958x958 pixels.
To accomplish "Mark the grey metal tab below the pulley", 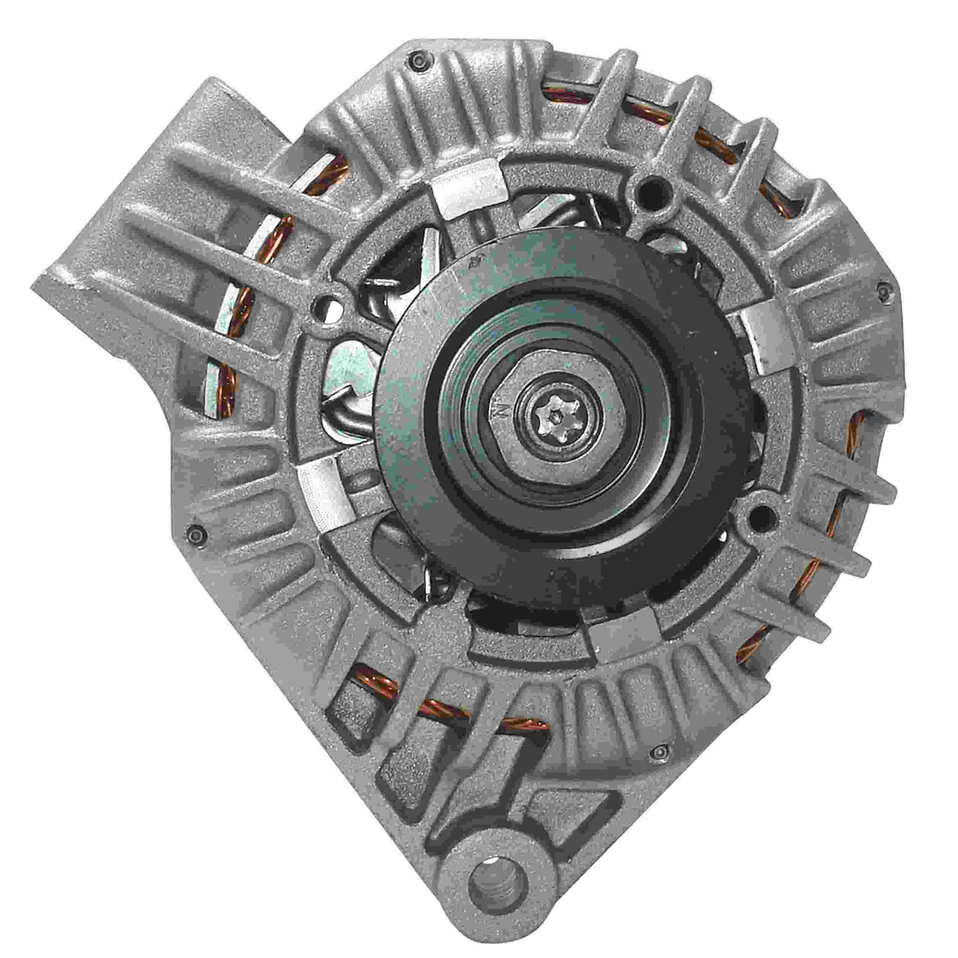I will (x=622, y=639).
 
